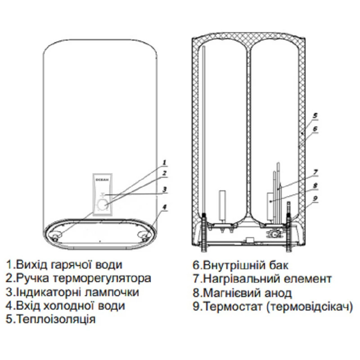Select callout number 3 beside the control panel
point(165,189)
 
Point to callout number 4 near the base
point(165,207)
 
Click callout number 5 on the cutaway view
point(315,115)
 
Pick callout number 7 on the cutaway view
point(315,171)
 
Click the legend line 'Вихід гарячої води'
point(64,265)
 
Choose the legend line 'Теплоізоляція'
point(51,319)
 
